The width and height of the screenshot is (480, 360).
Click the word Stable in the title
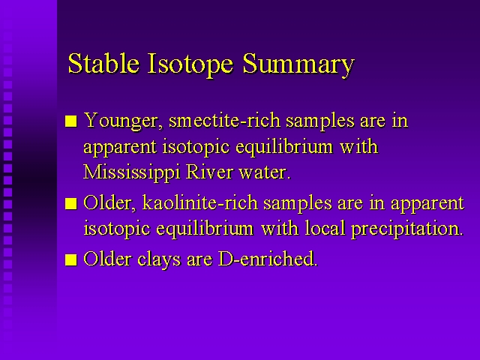coord(103,63)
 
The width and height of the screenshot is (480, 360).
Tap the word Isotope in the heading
coord(190,64)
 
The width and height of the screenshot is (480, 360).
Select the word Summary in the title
coord(298,65)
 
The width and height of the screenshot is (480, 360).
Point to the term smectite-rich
coord(224,120)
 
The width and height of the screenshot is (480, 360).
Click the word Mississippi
coord(132,172)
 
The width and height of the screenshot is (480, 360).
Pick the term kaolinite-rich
coord(200,202)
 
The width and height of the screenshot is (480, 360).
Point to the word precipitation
coord(407,229)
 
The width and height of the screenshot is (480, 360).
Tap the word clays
coord(159,259)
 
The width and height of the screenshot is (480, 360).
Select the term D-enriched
coord(268,259)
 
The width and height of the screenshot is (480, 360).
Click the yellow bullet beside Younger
coord(71,121)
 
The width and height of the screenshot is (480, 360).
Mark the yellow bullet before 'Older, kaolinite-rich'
coord(71,203)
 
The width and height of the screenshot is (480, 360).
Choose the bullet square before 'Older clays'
coord(71,260)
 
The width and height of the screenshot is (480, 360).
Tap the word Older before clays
coord(107,259)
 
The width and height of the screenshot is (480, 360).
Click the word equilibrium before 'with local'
coord(205,229)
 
